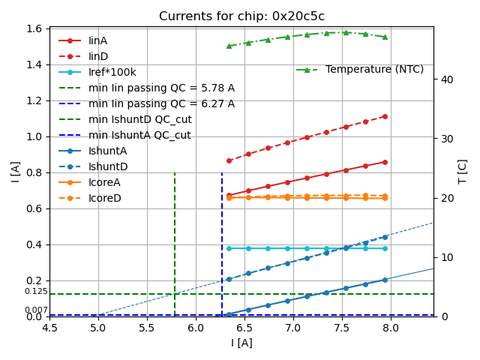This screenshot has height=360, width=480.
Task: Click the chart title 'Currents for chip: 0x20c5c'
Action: (x=241, y=16)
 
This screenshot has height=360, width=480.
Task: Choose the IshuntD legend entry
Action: (x=108, y=166)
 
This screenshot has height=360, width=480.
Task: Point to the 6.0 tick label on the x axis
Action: (x=196, y=328)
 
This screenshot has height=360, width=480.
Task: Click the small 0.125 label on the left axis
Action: (x=36, y=291)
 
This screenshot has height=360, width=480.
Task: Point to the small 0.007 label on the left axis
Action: (x=36, y=310)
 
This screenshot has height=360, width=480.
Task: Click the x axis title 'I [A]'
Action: (x=241, y=343)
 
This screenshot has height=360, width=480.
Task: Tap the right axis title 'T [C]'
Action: (x=463, y=172)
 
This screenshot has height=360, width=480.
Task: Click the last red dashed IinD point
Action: (x=385, y=116)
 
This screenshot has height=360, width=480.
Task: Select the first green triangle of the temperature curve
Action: (x=229, y=46)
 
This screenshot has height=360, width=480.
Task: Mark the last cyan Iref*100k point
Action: (x=385, y=248)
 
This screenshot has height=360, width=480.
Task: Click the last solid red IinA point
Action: (x=385, y=162)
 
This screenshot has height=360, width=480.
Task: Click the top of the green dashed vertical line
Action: (x=175, y=173)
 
